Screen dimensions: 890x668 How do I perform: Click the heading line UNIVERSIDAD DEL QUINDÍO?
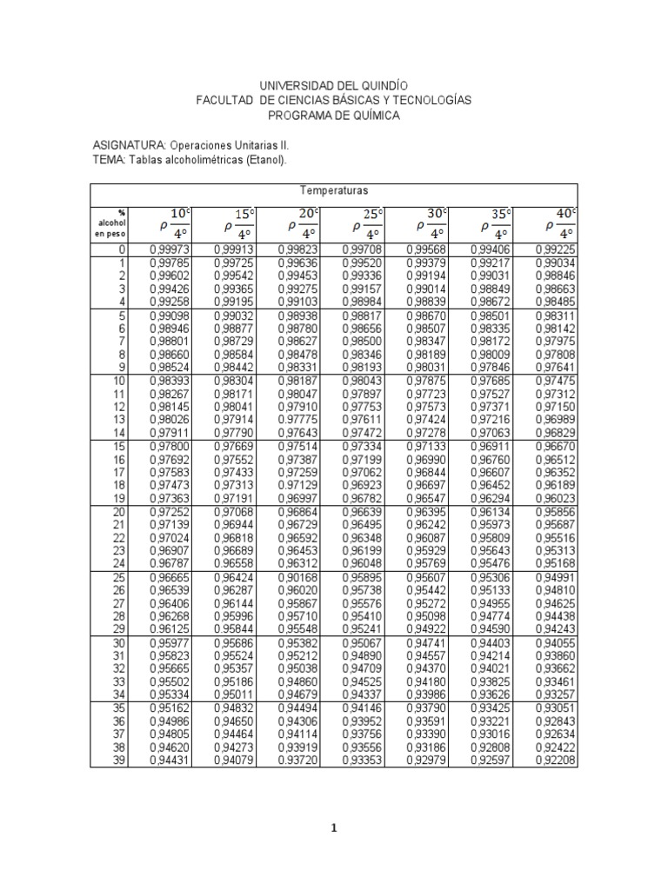(335, 86)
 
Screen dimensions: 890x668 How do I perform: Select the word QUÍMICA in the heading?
(372, 116)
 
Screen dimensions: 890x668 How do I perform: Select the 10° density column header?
(173, 222)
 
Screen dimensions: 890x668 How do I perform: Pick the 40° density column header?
(558, 222)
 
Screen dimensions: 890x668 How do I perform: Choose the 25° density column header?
(365, 222)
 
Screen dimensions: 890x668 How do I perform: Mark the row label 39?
(121, 762)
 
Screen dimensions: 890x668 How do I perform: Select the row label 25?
(121, 578)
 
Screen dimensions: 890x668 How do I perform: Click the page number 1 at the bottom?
(335, 828)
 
